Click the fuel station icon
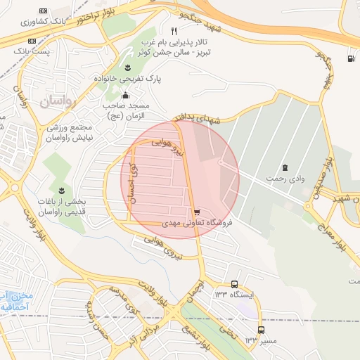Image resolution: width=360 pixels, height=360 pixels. click(351, 58)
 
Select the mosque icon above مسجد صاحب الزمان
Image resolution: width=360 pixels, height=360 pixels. click(125, 96)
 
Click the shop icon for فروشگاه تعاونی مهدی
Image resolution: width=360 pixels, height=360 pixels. click(196, 212)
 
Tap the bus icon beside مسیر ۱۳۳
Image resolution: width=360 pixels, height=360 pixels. click(261, 330)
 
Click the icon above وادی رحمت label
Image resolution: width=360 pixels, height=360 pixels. click(285, 167)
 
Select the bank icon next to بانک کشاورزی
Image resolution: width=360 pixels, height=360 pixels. click(44, 11)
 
